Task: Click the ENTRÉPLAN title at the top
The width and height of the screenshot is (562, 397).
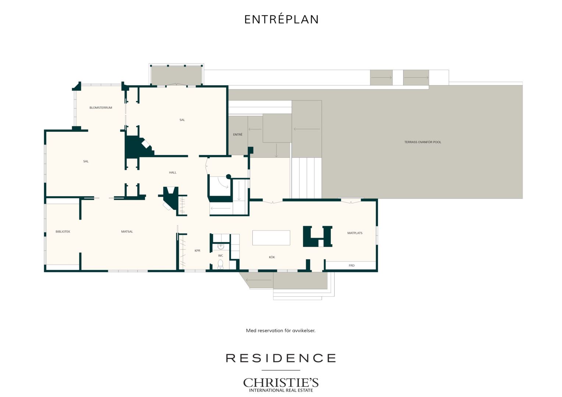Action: [281, 19]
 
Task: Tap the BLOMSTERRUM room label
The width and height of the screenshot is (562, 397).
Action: [101, 108]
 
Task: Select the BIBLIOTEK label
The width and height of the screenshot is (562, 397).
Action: [63, 232]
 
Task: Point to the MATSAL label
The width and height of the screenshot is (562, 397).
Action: [127, 232]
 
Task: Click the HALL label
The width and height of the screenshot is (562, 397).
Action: [172, 172]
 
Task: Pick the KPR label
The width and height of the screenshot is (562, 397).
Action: [198, 251]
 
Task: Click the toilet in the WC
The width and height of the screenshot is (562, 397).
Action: [221, 264]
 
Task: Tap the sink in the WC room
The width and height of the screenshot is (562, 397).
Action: [221, 247]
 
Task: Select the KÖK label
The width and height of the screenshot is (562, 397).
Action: [272, 257]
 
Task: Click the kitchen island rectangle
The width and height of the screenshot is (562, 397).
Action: [271, 238]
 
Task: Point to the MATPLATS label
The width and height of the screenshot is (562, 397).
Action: [355, 233]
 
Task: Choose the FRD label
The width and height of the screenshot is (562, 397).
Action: [352, 265]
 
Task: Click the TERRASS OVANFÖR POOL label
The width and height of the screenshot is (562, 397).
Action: [423, 142]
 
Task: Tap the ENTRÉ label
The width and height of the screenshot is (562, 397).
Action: [238, 135]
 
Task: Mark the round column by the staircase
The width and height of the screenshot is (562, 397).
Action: [228, 176]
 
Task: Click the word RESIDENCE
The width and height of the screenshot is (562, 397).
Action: [281, 358]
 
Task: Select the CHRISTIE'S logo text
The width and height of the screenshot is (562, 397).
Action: [281, 383]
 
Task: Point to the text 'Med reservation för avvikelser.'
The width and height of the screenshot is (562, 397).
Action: [281, 330]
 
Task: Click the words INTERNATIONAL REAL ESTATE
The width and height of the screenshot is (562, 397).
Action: [281, 390]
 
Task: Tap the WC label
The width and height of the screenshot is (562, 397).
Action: [221, 255]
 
